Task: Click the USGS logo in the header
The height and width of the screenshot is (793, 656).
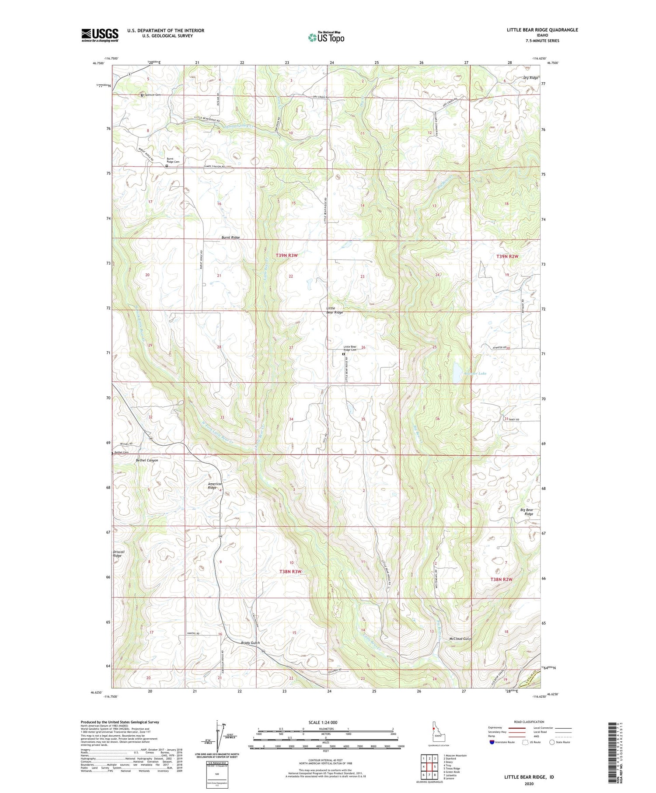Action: [100, 35]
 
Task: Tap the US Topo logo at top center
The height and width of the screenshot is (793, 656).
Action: [326, 37]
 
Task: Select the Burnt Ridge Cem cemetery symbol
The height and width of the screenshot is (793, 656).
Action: [167, 166]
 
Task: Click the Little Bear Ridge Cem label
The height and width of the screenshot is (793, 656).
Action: [350, 348]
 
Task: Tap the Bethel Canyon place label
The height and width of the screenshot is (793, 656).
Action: [147, 461]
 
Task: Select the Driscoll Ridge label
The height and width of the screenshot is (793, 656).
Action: [119, 554]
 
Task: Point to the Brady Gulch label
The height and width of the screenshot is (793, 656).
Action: [251, 643]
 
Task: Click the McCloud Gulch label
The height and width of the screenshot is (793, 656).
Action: [461, 639]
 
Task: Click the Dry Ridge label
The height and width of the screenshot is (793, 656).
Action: [530, 78]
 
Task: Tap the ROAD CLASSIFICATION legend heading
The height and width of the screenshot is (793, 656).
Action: [529, 722]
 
